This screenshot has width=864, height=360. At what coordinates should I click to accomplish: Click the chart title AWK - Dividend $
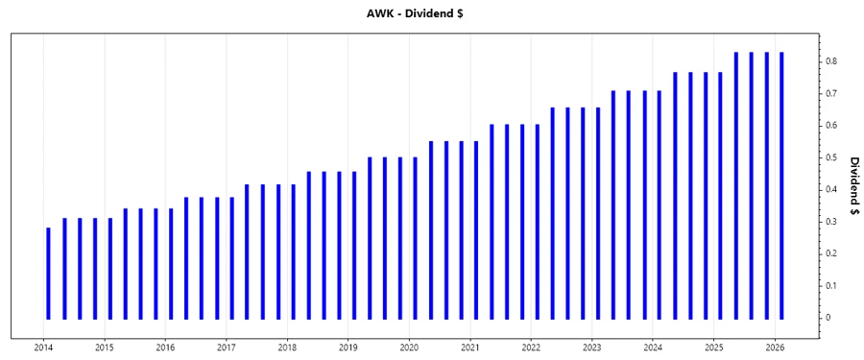pyautogui.click(x=431, y=14)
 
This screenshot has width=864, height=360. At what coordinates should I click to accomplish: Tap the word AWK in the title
pyautogui.click(x=379, y=14)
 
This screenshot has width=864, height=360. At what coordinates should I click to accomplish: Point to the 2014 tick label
pyautogui.click(x=44, y=347)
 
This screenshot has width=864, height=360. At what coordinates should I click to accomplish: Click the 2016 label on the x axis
pyautogui.click(x=166, y=347)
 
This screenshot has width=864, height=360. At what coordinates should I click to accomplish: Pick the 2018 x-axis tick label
pyautogui.click(x=287, y=347)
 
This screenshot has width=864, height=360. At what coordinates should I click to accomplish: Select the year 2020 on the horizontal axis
pyautogui.click(x=409, y=347)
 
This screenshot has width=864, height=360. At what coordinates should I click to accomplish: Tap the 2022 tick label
pyautogui.click(x=531, y=347)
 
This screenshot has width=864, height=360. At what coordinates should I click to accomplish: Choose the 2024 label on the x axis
pyautogui.click(x=653, y=347)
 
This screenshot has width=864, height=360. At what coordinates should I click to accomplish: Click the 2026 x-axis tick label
pyautogui.click(x=775, y=347)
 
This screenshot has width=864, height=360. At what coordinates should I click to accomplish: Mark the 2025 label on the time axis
pyautogui.click(x=714, y=347)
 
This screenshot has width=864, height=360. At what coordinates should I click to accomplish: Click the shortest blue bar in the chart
pyautogui.click(x=49, y=273)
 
